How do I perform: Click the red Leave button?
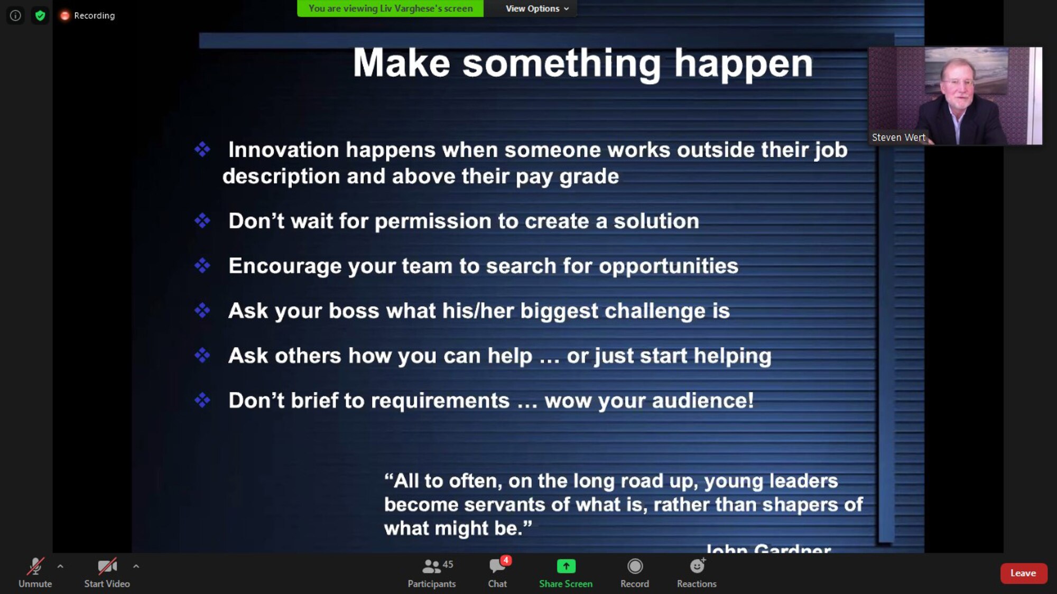tap(1023, 573)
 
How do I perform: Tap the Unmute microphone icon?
tap(35, 567)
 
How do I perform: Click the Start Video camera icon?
tap(107, 567)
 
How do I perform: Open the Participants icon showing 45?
tap(432, 567)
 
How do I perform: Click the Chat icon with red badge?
tap(497, 567)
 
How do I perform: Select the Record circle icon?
tap(635, 567)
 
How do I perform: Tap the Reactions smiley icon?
tap(697, 567)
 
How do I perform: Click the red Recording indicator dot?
tap(65, 16)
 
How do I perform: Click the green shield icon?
tap(40, 16)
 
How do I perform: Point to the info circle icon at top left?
tap(16, 16)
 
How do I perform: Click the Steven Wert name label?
tap(898, 137)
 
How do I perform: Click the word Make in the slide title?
tap(401, 63)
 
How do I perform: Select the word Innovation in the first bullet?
tap(283, 150)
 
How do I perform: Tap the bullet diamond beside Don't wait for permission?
tap(202, 221)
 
